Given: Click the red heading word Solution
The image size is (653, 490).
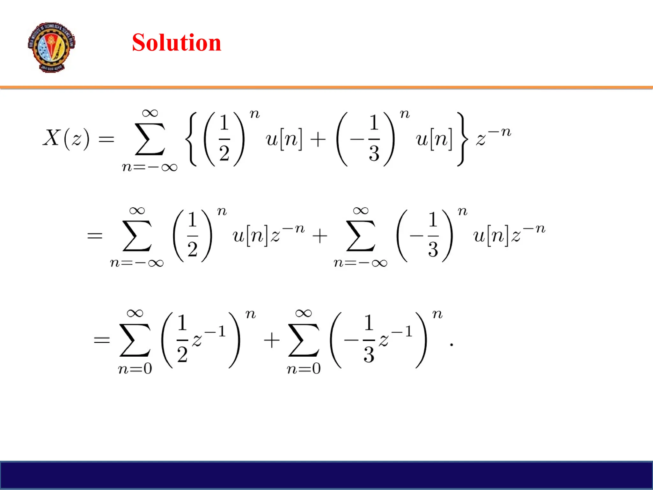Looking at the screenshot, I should [176, 42].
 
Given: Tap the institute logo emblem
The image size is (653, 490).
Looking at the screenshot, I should [51, 47].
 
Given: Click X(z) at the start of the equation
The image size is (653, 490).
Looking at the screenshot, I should [66, 138].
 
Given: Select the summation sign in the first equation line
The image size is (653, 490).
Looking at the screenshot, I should [150, 139].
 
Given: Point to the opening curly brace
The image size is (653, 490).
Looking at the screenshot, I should [193, 139].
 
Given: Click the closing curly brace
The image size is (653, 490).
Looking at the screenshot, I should [462, 139].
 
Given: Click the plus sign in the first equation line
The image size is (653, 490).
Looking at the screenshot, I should [318, 140].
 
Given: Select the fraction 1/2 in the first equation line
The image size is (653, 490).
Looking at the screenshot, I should [224, 138].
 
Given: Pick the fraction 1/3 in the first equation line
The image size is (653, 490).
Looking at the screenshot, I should [374, 138].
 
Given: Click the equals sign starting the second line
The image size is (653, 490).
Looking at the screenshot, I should [95, 236].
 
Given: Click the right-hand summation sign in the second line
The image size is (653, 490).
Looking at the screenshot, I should [361, 236].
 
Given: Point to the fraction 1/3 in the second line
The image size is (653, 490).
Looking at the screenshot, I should [433, 235].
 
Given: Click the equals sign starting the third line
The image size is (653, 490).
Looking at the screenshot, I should [101, 340].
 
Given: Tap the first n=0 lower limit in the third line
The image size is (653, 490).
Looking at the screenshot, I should [135, 369].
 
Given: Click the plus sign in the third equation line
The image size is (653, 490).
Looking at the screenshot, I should [272, 340].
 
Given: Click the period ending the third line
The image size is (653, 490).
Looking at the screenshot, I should [451, 345].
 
